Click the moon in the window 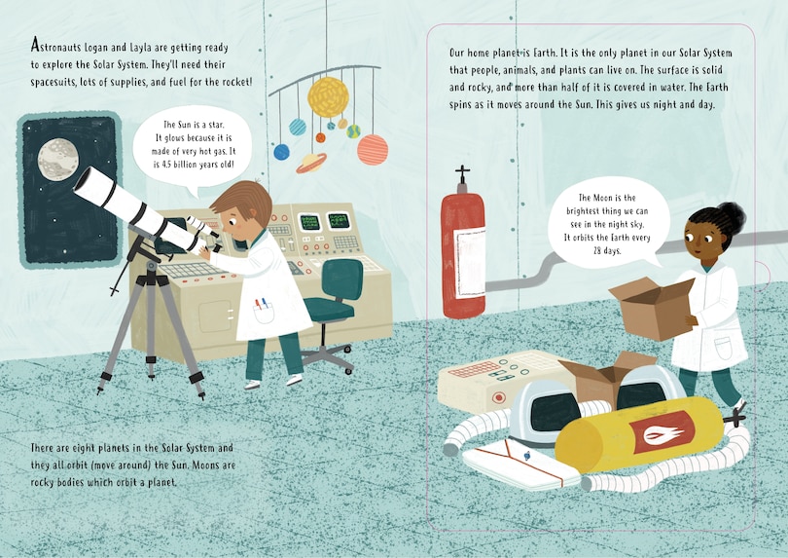tap(58, 159)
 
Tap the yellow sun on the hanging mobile tap(328, 97)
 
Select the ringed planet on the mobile tap(311, 163)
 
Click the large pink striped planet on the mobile tap(373, 149)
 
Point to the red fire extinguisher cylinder tap(463, 254)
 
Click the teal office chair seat tap(329, 308)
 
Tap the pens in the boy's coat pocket tap(261, 305)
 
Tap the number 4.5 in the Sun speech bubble tap(167, 164)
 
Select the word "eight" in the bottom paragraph tap(85, 448)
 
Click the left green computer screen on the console tap(309, 222)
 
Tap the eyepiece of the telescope tap(218, 248)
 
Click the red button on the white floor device tap(498, 398)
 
